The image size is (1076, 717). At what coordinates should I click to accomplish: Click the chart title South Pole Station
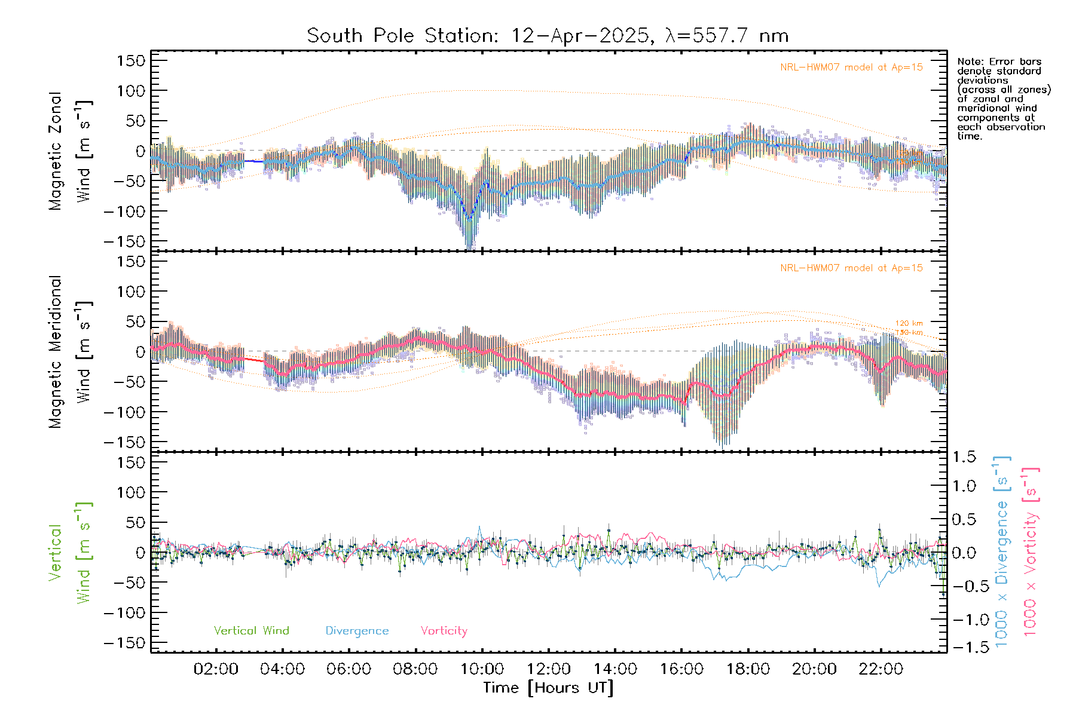pos(548,36)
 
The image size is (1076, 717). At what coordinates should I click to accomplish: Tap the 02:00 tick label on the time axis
pos(216,669)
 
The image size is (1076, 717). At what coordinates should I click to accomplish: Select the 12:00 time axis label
pos(548,669)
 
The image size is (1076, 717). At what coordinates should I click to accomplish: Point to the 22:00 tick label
pos(881,669)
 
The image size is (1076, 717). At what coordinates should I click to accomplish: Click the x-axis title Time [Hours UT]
pos(548,688)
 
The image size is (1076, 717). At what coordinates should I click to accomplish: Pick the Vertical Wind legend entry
pos(251,631)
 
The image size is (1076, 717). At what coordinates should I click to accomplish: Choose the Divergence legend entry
pos(357,631)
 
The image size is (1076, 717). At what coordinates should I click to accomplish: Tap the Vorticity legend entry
pos(444,631)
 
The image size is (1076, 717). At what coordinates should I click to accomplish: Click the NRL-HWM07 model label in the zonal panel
pos(851,68)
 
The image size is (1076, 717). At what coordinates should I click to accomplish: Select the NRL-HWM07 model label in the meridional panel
pos(851,268)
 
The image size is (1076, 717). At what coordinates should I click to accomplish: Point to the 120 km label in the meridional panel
pos(909,323)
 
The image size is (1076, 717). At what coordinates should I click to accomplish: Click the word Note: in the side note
pos(970,62)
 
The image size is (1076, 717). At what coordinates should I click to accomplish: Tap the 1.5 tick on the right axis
pos(964,457)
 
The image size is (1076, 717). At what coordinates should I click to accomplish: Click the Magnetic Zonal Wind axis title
pos(70,151)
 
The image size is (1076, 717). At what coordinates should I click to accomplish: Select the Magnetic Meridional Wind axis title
pos(70,352)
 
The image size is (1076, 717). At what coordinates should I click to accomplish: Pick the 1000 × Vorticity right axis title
pos(1031,551)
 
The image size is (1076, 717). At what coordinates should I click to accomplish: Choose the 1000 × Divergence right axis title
pos(1002,551)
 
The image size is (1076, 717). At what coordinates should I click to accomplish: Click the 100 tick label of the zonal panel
pos(131,91)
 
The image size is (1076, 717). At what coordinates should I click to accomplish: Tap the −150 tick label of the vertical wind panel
pos(125,643)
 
